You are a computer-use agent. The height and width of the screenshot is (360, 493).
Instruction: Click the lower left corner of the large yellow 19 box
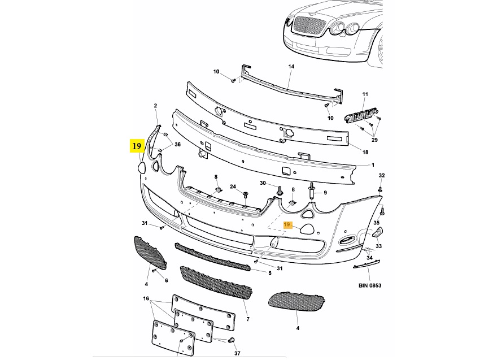(x=130, y=153)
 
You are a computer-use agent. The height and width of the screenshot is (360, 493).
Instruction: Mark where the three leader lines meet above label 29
(x=374, y=135)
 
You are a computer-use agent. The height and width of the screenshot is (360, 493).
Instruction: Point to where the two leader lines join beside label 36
(x=172, y=144)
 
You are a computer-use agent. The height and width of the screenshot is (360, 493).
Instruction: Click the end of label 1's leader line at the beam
(x=356, y=166)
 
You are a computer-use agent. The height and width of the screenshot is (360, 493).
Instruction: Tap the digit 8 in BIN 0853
(x=374, y=285)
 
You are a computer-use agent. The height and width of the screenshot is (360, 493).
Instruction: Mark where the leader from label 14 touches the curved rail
(x=289, y=88)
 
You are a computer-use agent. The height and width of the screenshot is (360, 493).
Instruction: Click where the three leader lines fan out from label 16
(x=151, y=301)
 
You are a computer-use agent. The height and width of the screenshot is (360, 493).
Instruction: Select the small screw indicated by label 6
(x=154, y=270)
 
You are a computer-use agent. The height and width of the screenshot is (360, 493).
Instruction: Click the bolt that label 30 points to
(x=279, y=190)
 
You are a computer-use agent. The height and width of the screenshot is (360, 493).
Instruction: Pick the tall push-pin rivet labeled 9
(x=312, y=190)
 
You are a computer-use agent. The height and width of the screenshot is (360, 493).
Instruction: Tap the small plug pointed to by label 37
(x=232, y=340)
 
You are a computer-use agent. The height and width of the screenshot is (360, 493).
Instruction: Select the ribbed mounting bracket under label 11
(x=361, y=115)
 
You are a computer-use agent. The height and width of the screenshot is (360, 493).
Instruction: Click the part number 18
(x=365, y=153)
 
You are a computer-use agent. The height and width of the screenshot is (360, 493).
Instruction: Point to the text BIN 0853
(x=370, y=285)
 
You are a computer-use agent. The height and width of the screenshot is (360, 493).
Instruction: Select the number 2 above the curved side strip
(x=155, y=106)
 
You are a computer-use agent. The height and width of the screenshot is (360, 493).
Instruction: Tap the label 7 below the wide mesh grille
(x=248, y=319)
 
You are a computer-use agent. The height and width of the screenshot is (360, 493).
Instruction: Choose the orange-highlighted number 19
(x=287, y=225)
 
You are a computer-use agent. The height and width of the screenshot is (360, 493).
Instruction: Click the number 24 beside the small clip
(x=233, y=186)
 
